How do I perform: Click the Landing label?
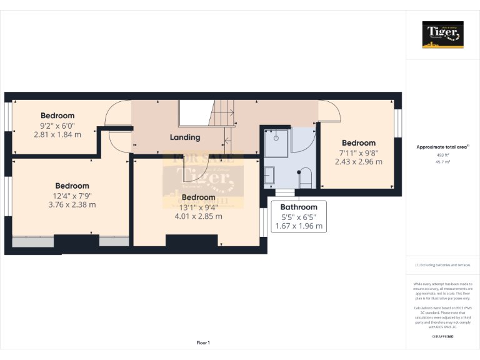(185, 137)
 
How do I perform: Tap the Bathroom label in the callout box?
(298, 207)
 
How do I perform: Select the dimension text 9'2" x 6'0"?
(57, 125)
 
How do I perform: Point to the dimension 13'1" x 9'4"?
(197, 207)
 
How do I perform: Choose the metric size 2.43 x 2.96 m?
(358, 161)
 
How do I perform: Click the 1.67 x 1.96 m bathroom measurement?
(298, 226)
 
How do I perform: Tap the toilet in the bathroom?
(304, 178)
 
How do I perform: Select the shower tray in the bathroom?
(274, 143)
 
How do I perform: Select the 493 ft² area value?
(442, 155)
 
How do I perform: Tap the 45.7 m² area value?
(442, 162)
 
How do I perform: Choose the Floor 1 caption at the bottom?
(203, 342)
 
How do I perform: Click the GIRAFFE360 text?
(442, 337)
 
